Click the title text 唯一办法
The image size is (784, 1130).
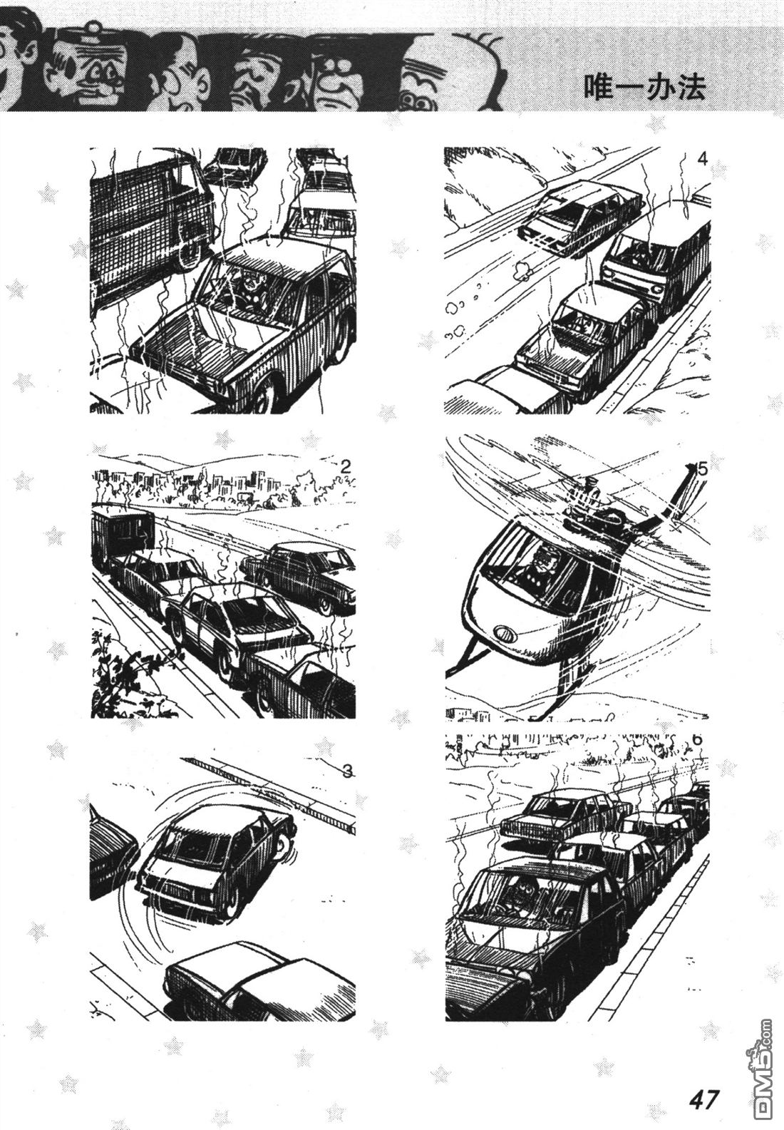(644, 88)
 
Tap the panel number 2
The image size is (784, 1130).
(345, 467)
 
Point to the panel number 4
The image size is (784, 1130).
(702, 160)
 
